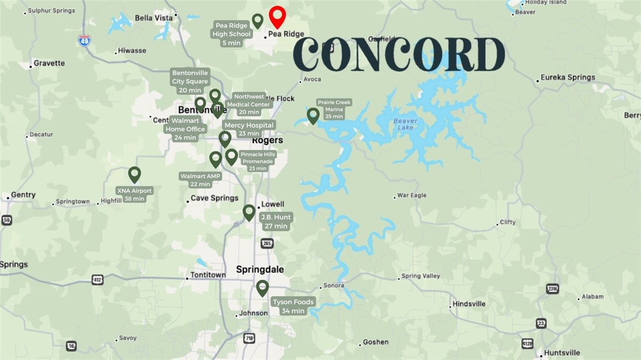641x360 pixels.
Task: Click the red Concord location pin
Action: [277, 16]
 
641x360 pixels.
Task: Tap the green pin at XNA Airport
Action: [134, 174]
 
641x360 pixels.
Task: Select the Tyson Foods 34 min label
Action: [293, 306]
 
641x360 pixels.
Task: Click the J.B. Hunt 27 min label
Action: [275, 221]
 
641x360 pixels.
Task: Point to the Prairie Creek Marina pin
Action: [313, 115]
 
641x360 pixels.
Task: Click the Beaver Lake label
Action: [405, 124]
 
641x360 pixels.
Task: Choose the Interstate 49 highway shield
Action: [84, 41]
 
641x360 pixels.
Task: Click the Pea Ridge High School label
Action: [232, 34]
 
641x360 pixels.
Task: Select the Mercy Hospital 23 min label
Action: [249, 129]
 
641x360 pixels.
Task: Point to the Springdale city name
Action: [260, 269]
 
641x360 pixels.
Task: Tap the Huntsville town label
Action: [562, 352]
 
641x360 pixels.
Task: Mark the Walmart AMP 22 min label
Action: [201, 180]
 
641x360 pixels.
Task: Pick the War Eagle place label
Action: [412, 195]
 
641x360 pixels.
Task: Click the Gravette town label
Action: [49, 63]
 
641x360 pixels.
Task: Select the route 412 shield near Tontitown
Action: [97, 280]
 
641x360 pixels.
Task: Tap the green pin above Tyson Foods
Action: [262, 287]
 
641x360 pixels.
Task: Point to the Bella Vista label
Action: [153, 18]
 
